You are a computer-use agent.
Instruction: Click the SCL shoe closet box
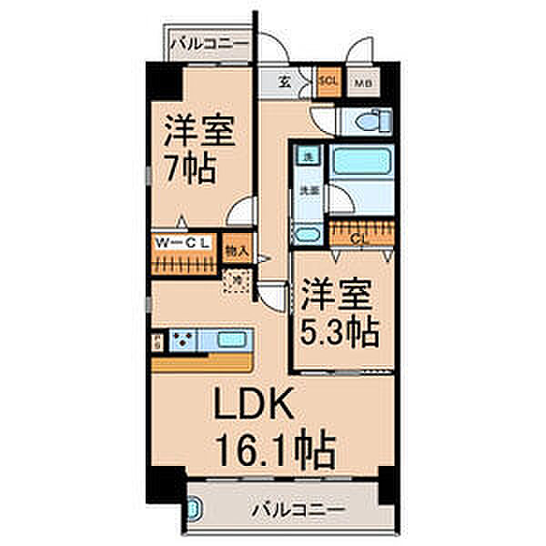click(329, 80)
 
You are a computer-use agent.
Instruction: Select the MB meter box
click(360, 81)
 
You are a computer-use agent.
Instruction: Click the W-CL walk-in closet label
click(183, 243)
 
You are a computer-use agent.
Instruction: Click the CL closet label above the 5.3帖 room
click(359, 238)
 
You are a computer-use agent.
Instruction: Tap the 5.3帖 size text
click(340, 334)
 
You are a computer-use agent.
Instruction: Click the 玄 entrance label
click(284, 81)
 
